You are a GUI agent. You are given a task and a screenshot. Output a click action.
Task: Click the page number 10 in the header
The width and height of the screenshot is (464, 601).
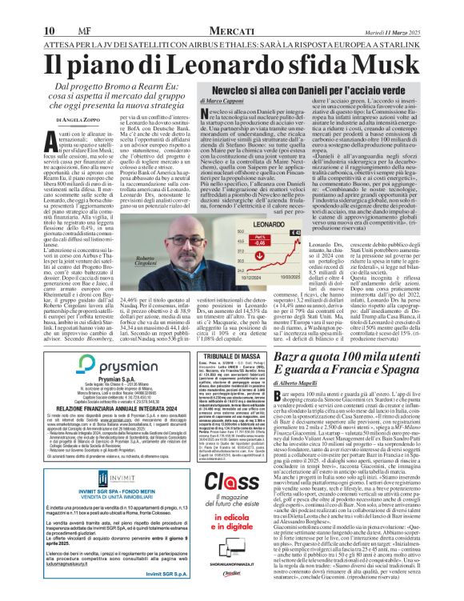pyautogui.click(x=14, y=9)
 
